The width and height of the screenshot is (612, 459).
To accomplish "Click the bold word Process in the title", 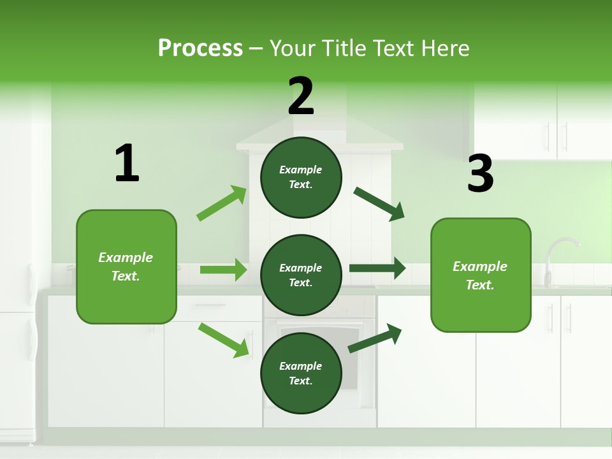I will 200,48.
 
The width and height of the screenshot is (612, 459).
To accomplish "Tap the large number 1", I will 127,163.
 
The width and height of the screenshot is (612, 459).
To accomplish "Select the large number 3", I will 480,173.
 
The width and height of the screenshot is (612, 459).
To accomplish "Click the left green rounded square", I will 126,266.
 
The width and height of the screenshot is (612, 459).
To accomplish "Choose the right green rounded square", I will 481,275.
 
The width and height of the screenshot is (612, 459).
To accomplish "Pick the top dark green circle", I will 301,177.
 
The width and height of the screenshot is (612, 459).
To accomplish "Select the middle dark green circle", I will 301,275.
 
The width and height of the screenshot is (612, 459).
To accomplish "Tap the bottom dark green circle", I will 301,373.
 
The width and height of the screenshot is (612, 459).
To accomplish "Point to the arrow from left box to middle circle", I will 223,270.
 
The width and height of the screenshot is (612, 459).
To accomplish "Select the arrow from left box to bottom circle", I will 223,340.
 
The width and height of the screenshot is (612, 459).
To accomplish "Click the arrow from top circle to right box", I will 379,203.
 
